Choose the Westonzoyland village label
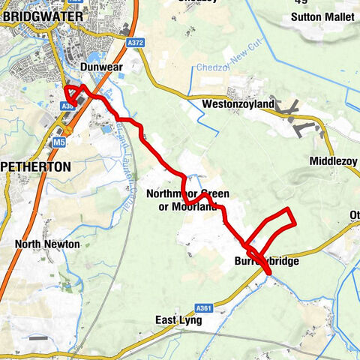click(x=237, y=103)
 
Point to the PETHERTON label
click(x=35, y=166)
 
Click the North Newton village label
click(x=47, y=244)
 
